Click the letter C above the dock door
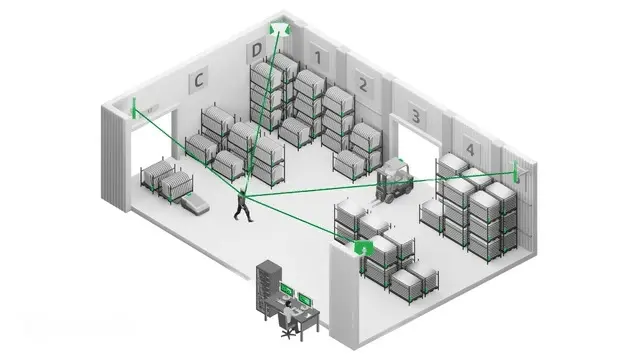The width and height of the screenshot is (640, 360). [x=199, y=78]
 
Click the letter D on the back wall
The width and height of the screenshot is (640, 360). [x=257, y=49]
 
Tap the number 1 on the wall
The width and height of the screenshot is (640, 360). [x=318, y=59]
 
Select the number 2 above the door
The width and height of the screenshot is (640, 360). [x=364, y=83]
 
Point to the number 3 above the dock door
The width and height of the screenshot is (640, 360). [x=414, y=116]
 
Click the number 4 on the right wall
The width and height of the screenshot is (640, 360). [x=469, y=151]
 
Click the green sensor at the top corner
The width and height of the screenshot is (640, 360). [x=279, y=30]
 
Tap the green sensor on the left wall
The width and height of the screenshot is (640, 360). [x=133, y=106]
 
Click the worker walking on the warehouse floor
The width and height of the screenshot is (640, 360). [x=242, y=203]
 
